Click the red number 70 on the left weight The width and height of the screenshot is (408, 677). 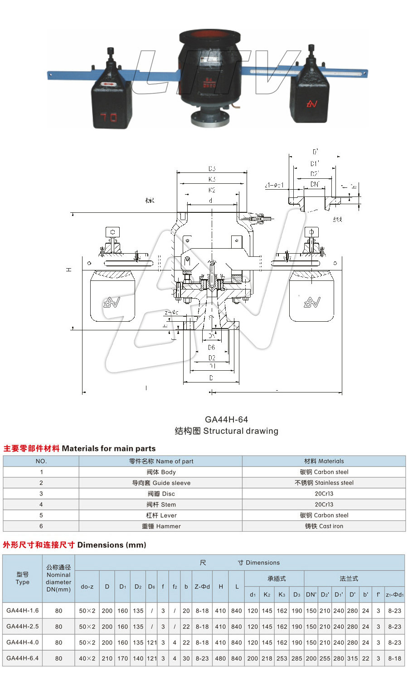[x=108, y=118]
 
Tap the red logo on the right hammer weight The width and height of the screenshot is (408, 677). [x=311, y=104]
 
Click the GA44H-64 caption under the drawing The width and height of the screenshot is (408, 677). [x=226, y=420]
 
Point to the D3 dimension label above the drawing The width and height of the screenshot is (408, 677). [x=212, y=169]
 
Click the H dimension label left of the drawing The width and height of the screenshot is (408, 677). [x=69, y=270]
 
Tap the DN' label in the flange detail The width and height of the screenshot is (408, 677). [x=315, y=184]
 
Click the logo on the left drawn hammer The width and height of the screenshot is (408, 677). [x=112, y=302]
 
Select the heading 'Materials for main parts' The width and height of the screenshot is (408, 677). [x=108, y=448]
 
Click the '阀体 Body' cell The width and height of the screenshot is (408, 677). [x=161, y=472]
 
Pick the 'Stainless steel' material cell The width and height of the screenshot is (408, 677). [x=324, y=483]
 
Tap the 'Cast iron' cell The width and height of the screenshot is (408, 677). [x=324, y=526]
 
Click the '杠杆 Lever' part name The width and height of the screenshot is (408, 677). [x=161, y=515]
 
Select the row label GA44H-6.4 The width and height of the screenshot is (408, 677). [x=23, y=658]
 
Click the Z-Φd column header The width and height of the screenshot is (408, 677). [x=202, y=586]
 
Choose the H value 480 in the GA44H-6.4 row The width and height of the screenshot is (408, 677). [x=220, y=658]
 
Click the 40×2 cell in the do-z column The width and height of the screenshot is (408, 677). [x=87, y=658]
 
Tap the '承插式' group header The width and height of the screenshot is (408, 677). [x=277, y=579]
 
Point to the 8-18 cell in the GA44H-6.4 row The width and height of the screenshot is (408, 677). [x=394, y=658]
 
